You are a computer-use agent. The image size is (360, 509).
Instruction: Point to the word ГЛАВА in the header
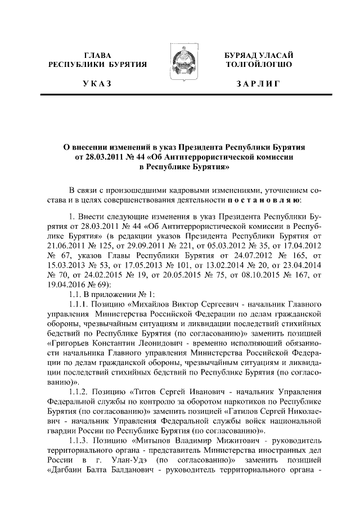coord(98,55)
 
